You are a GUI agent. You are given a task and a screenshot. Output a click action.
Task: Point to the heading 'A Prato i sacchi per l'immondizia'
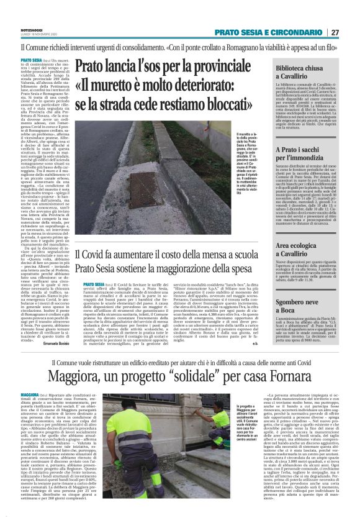point(307,153)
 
